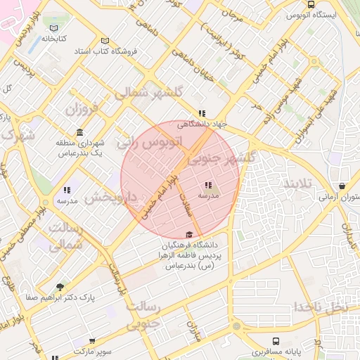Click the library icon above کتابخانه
click(54, 28)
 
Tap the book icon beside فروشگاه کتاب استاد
click(105, 41)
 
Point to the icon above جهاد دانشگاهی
click(202, 113)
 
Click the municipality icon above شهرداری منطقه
click(79, 132)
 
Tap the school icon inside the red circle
click(208, 186)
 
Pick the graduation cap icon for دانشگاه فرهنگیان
click(188, 235)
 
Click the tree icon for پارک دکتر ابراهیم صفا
click(59, 287)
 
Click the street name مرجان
click(232, 13)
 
